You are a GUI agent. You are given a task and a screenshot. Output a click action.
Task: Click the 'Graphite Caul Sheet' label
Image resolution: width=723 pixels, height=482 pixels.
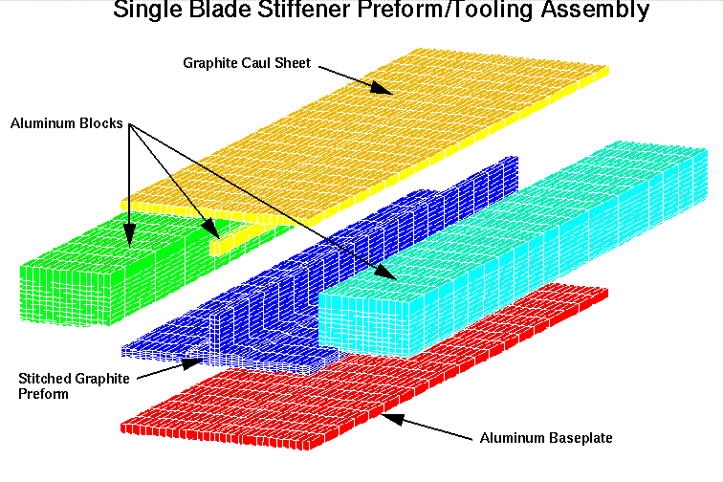coord(247,63)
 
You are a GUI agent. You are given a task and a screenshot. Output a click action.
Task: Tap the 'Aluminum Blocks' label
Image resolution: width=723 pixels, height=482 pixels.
coord(66,123)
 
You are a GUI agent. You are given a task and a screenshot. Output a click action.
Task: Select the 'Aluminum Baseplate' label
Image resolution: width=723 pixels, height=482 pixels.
coord(546,437)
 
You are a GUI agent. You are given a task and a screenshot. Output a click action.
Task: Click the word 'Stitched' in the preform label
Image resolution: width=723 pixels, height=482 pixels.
coord(43,378)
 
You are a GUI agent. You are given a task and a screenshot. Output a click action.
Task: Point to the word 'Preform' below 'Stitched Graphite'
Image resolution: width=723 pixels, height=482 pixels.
coord(43,394)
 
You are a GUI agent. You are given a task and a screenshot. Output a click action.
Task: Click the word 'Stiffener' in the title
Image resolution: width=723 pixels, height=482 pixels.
coord(304,10)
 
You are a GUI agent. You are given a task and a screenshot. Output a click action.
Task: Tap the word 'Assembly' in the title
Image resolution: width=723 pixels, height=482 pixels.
coord(595,11)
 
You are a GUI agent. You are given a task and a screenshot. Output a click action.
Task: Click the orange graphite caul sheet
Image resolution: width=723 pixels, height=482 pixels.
coord(364,139)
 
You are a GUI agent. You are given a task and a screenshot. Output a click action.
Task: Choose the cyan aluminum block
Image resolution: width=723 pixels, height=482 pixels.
coord(507,249)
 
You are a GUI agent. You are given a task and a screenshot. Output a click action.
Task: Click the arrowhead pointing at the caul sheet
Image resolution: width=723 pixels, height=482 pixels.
coord(381,87)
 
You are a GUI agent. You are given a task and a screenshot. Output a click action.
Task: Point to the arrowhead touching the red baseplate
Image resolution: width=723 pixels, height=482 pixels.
coord(393,418)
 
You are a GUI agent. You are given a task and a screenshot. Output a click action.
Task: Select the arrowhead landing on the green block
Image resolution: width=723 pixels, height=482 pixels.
coord(129,235)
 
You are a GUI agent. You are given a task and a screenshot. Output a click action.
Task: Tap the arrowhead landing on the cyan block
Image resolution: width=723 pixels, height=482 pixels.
coord(385,273)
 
